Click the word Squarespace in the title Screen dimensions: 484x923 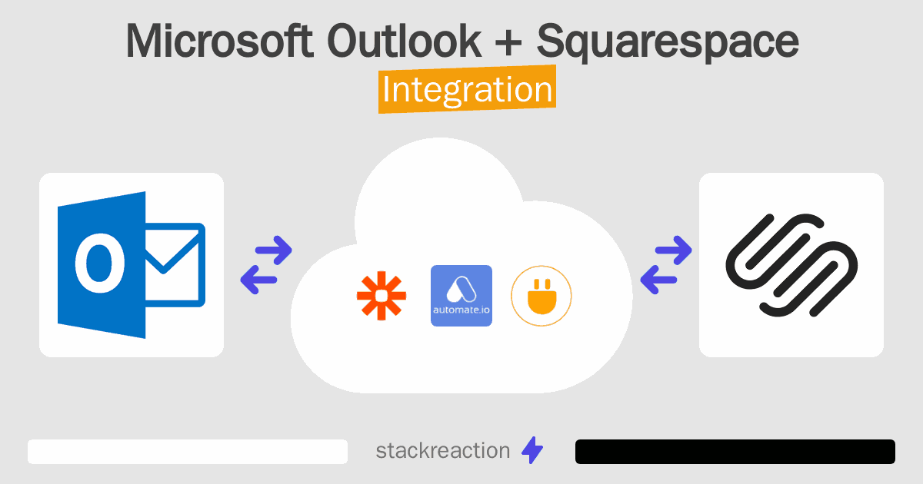668,43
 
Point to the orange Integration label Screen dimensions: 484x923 467,91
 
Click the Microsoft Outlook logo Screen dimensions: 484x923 132,265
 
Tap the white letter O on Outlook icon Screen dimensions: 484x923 100,264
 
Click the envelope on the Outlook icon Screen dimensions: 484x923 175,264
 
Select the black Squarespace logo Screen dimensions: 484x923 791,265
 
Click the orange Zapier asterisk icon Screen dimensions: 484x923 381,296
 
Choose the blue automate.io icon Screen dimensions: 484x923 461,296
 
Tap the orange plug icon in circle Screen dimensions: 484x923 541,296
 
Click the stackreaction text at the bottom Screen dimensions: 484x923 442,451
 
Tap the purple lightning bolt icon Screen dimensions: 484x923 532,451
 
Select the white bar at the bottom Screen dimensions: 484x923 188,452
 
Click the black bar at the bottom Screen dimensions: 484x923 735,452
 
